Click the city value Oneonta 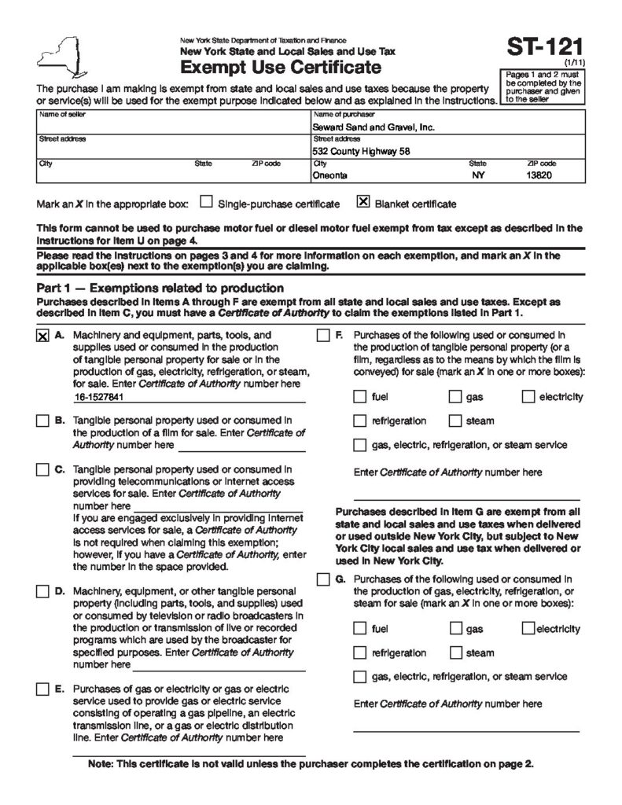pos(329,176)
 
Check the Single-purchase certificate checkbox pos(206,202)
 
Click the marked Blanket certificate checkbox pos(363,202)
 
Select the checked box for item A pos(42,336)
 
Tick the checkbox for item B pos(42,421)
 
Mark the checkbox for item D pos(42,590)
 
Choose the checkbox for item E pos(42,689)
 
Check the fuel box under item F pos(360,397)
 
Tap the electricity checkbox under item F pos(528,397)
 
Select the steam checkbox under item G pos(456,652)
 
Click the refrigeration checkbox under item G pos(360,652)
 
